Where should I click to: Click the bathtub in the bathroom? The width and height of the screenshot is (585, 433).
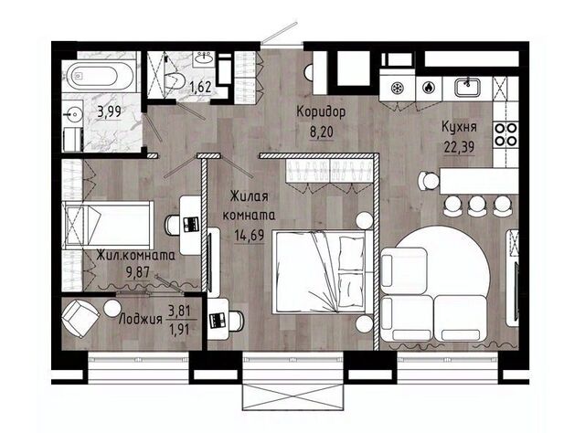(x=99, y=77)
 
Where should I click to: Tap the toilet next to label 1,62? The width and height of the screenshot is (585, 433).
(x=175, y=81)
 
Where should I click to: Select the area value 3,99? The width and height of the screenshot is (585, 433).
(x=109, y=111)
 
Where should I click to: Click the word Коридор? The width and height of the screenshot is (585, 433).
(x=321, y=111)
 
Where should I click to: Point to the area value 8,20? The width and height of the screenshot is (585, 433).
(x=321, y=132)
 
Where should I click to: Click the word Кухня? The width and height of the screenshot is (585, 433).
(x=459, y=127)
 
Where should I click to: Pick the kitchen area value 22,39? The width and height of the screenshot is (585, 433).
(x=459, y=146)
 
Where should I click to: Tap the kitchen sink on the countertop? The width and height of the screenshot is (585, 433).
(x=467, y=87)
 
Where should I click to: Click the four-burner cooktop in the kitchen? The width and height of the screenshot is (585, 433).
(x=505, y=134)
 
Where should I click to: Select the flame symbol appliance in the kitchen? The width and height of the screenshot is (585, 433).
(x=430, y=89)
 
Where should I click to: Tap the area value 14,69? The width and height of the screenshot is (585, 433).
(x=250, y=236)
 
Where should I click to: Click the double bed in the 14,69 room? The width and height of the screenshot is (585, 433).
(x=323, y=271)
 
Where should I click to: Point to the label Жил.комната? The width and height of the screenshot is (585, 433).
(x=136, y=256)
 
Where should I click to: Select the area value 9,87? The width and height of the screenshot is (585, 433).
(x=138, y=273)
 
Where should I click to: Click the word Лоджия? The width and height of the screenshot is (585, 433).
(x=140, y=320)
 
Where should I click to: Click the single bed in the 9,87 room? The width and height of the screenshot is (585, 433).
(x=108, y=226)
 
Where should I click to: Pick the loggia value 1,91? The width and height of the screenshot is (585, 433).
(x=179, y=330)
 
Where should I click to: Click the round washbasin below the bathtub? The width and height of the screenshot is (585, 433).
(x=71, y=114)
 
